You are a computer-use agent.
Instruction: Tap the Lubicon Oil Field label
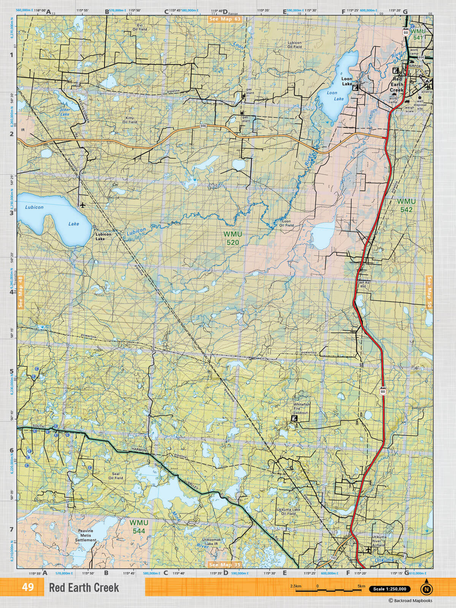[294, 45]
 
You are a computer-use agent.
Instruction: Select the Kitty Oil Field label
[130, 120]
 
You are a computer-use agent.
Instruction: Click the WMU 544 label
[137, 526]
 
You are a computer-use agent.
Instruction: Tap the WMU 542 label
[406, 205]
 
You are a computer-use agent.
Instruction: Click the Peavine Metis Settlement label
[85, 535]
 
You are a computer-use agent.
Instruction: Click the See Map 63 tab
[224, 19]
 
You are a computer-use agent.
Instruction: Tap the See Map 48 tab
[21, 292]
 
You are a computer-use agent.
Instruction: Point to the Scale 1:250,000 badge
[389, 589]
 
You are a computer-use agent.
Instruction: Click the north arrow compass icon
[426, 589]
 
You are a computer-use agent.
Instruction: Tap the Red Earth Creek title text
[84, 588]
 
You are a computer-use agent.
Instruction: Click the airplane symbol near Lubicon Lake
[82, 205]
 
